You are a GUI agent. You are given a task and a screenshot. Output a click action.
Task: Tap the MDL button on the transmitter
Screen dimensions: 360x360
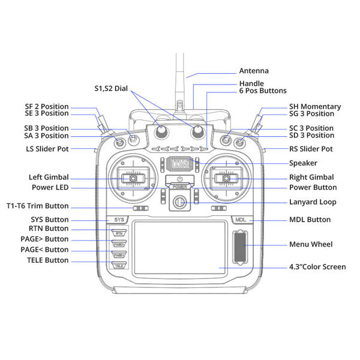click(x=241, y=220)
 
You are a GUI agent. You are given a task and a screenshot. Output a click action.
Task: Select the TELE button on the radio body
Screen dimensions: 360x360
click(x=119, y=265)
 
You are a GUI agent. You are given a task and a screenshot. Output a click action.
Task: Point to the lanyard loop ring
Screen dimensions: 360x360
click(x=179, y=203)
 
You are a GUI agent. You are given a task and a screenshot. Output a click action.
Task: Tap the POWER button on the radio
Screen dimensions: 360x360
click(x=179, y=181)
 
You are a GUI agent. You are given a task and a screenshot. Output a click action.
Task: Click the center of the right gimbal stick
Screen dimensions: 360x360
click(x=226, y=178)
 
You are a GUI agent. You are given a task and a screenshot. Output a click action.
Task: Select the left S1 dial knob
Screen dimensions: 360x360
click(x=161, y=132)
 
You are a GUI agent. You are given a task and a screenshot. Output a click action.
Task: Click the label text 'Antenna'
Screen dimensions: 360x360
click(x=254, y=70)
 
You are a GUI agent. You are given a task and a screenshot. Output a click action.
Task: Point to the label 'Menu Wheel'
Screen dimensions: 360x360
click(x=310, y=244)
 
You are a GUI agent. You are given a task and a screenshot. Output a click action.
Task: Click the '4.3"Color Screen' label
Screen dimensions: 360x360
click(x=317, y=267)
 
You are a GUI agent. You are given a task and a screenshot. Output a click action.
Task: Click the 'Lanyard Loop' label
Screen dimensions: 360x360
click(x=313, y=202)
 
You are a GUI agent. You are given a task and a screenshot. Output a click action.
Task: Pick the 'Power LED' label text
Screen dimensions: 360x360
click(x=49, y=187)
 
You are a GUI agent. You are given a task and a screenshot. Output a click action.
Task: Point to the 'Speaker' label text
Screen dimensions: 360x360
click(x=303, y=163)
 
